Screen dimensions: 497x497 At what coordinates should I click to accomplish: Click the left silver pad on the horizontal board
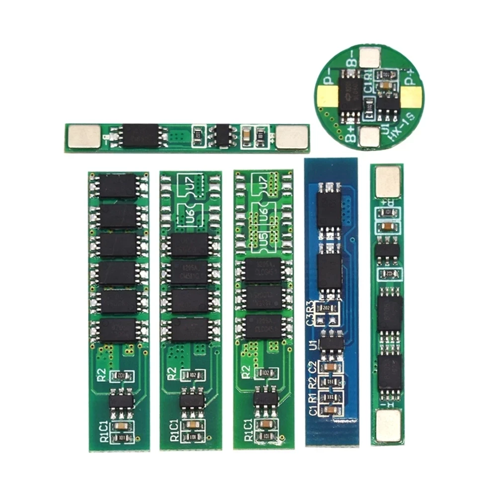[83, 136]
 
